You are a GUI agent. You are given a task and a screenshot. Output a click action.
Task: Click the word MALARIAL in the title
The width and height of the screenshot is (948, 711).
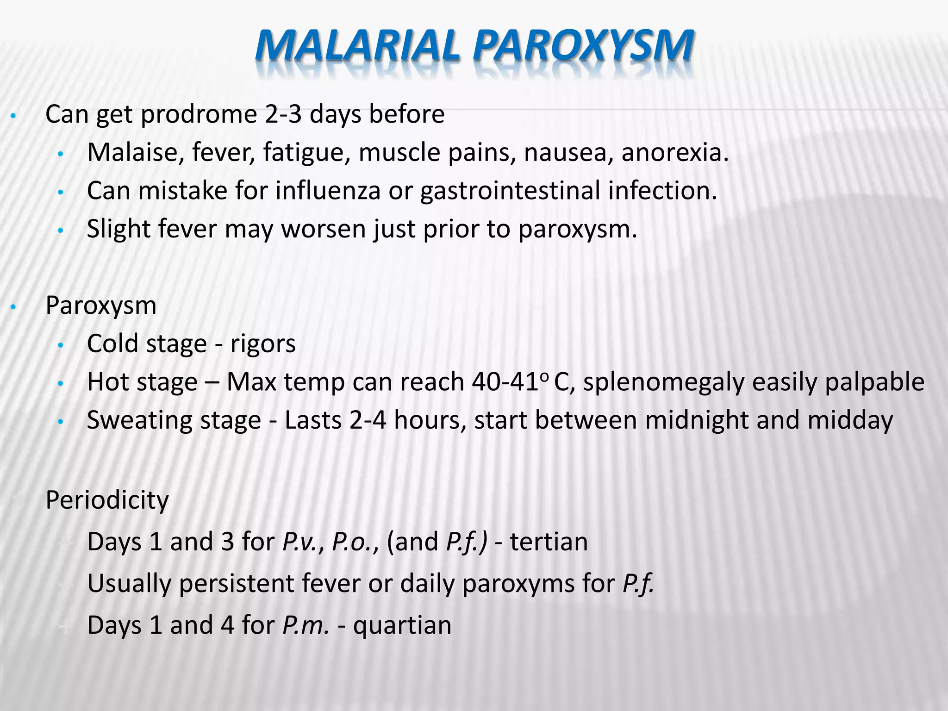coord(357,46)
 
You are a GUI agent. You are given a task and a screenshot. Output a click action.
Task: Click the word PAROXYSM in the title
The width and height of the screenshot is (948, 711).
coord(583,46)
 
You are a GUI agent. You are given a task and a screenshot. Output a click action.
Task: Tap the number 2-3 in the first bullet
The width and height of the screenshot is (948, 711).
coord(283,114)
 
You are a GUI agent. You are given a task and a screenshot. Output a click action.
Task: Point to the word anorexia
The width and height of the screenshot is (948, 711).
coord(674,152)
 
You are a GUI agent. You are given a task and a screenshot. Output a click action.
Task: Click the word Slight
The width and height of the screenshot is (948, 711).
coord(118,229)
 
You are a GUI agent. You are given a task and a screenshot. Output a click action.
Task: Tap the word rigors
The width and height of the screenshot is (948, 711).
coord(263,344)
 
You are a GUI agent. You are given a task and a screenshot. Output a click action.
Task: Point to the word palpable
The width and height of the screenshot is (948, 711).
coord(874,382)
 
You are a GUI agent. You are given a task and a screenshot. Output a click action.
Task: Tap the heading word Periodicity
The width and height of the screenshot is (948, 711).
coord(107,500)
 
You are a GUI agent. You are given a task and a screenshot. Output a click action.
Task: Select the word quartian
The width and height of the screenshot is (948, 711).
coord(402,625)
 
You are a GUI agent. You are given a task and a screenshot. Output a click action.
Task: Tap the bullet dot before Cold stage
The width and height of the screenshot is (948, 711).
coord(60,345)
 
